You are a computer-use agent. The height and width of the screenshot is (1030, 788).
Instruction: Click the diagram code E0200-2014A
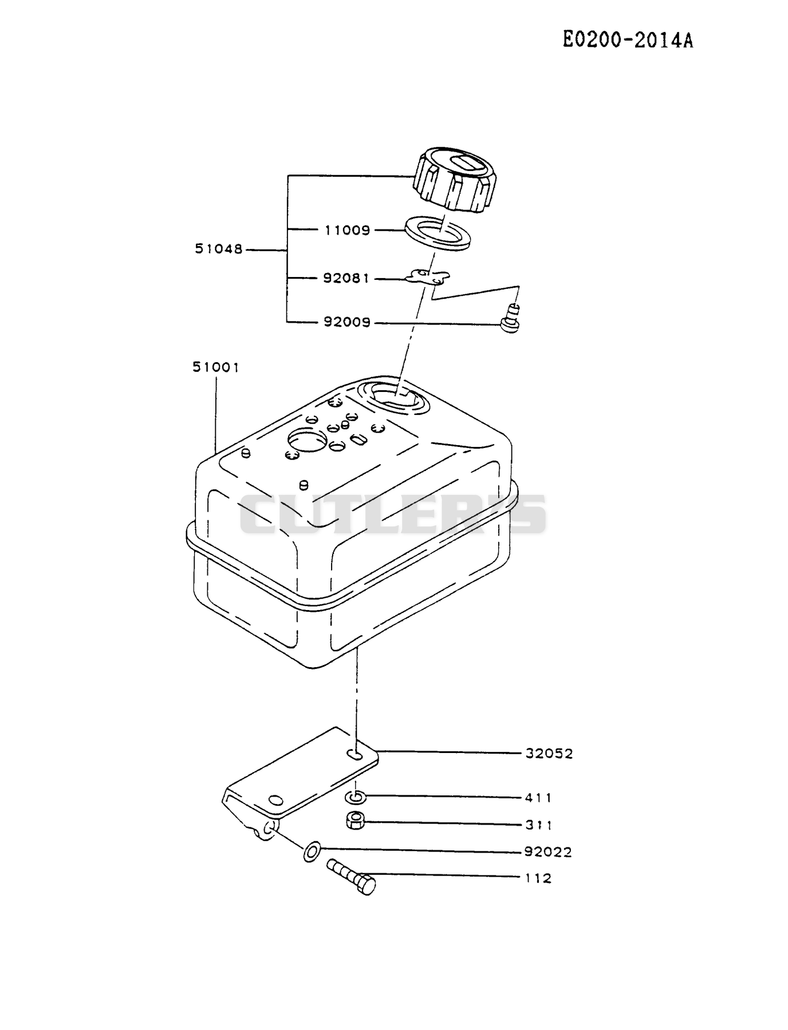628,40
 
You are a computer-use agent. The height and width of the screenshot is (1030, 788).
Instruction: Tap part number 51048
219,249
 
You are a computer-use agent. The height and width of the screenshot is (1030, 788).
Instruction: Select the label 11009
348,230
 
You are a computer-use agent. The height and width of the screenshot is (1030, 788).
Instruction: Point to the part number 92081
346,279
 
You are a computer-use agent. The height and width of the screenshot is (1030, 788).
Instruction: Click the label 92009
347,322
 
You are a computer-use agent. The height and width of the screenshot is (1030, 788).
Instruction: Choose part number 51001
215,367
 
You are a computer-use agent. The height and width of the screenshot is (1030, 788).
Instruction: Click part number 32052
549,754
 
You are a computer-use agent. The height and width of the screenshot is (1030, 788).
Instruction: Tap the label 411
538,798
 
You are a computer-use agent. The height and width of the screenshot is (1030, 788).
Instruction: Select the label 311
538,825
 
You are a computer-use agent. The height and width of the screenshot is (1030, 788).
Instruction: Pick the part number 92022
548,852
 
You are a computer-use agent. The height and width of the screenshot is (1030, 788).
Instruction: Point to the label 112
538,878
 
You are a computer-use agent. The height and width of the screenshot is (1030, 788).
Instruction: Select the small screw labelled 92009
511,319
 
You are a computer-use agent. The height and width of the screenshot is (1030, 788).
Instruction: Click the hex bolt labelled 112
351,877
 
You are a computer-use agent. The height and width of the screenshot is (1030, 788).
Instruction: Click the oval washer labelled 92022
312,851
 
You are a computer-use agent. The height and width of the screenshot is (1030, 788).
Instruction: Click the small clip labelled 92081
428,278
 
